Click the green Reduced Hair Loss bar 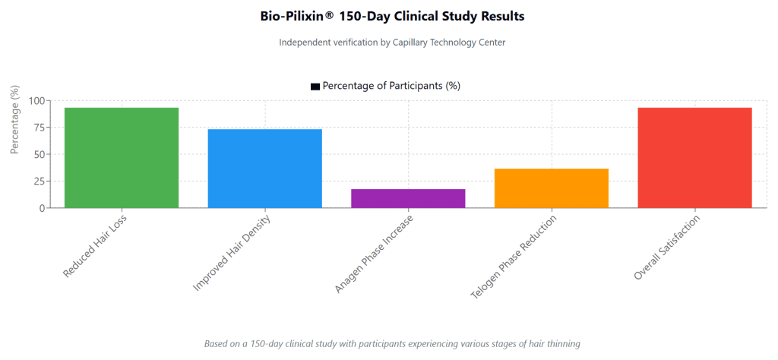tap(122, 158)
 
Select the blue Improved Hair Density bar tap(264, 169)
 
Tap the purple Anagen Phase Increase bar tap(408, 198)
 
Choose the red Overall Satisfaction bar tap(694, 158)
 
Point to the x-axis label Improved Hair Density tap(232, 252)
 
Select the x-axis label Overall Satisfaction tap(666, 248)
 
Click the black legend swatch tap(315, 87)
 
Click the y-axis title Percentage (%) tap(14, 120)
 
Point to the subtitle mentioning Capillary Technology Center tap(391, 43)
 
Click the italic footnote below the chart tap(391, 343)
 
